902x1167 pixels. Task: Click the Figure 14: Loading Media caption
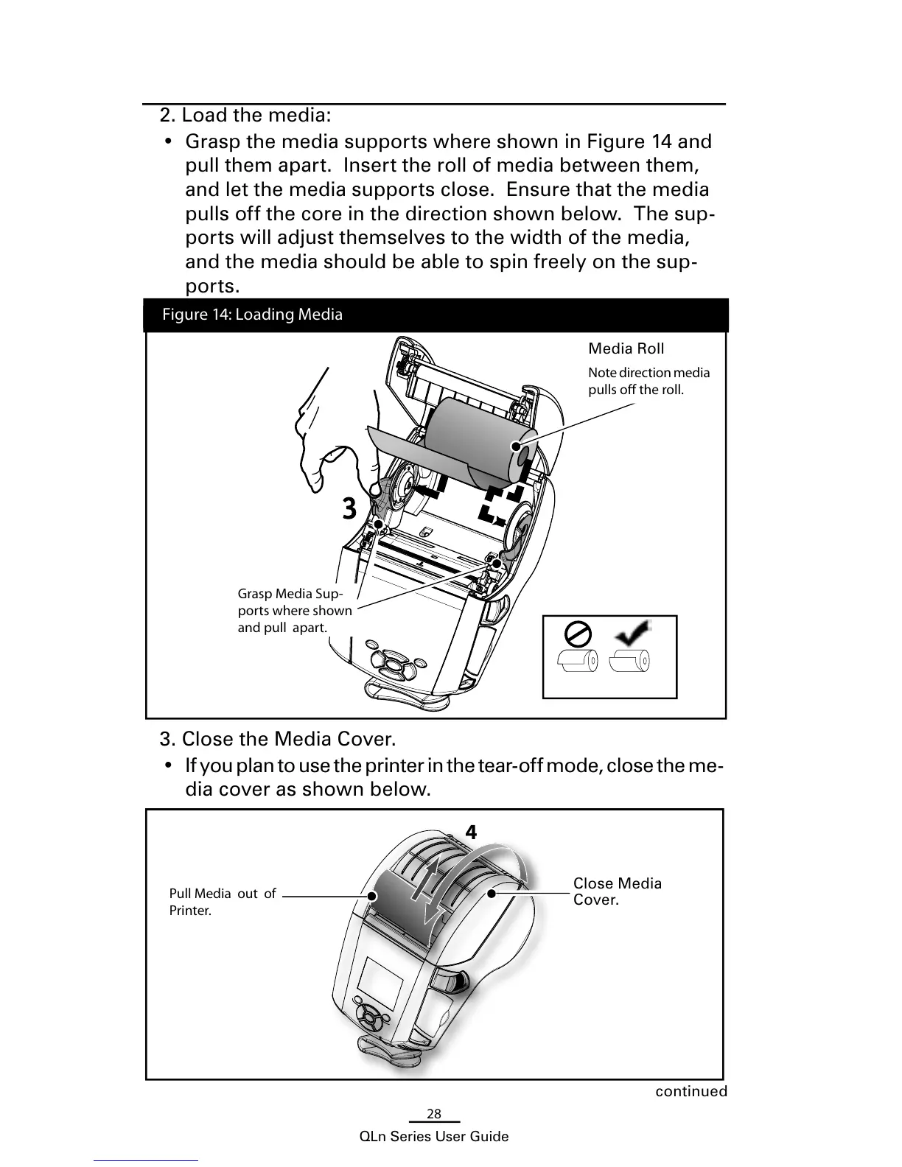(252, 315)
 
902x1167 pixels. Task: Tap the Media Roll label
(626, 348)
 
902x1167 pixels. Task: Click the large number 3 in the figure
(349, 508)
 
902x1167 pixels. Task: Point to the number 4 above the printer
(471, 832)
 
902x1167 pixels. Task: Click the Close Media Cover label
(617, 891)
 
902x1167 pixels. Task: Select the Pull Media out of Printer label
(222, 902)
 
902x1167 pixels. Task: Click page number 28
(434, 1114)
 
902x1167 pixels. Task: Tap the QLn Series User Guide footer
(433, 1137)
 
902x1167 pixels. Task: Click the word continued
(691, 1091)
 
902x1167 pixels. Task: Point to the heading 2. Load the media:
(245, 116)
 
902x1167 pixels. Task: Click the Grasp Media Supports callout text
(294, 611)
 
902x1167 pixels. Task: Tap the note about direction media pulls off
(648, 381)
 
